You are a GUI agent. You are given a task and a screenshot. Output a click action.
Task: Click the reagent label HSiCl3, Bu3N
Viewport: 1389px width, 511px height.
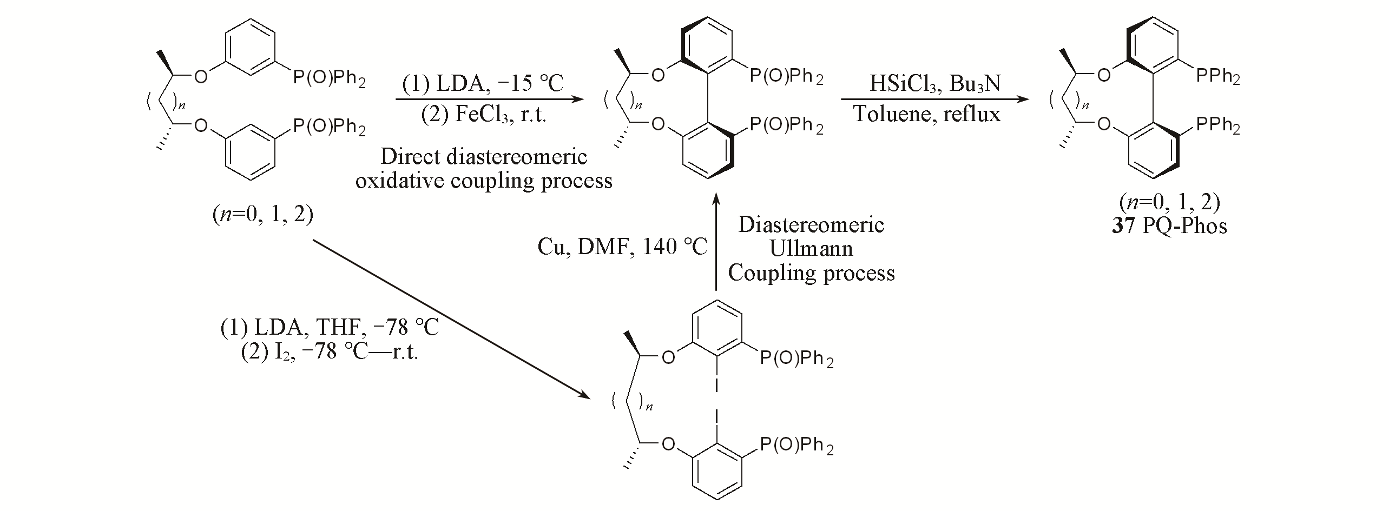[934, 84]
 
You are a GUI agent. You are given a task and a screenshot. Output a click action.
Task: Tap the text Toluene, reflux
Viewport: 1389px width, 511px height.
[927, 115]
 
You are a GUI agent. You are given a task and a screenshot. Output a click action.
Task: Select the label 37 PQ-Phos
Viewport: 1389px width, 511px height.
[1169, 225]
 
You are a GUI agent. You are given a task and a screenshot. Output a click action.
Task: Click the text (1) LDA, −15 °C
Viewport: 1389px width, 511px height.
[483, 84]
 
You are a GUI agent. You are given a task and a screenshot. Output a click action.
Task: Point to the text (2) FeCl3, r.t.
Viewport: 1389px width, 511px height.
[484, 115]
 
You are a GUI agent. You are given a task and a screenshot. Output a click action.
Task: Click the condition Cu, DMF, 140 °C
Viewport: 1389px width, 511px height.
[622, 247]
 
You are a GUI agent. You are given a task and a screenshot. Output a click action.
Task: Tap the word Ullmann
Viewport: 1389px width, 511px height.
[811, 248]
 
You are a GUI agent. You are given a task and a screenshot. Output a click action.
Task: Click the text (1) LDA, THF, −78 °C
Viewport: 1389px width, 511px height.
[330, 328]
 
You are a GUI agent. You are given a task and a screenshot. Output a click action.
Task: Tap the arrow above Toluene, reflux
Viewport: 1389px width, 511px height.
[934, 99]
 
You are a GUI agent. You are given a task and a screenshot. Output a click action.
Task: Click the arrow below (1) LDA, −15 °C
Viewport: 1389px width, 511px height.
[490, 99]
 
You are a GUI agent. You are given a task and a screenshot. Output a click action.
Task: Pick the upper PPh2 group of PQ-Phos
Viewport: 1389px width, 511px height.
[1217, 78]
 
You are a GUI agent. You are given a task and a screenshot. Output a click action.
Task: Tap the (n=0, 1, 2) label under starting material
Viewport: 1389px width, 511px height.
[263, 215]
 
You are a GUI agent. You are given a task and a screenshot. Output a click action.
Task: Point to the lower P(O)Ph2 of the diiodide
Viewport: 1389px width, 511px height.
[796, 447]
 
